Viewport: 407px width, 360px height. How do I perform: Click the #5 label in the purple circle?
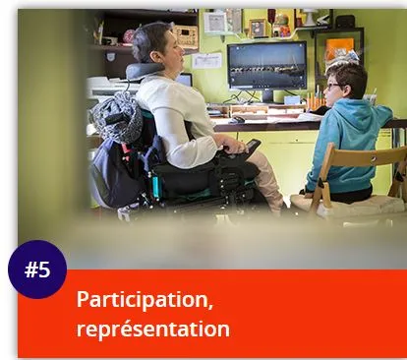pos(37,269)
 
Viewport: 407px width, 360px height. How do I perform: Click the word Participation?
pos(145,299)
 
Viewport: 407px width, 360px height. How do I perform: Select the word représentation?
pos(152,328)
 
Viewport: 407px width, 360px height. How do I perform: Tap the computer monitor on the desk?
pos(265,66)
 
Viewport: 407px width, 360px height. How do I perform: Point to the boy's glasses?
pos(334,86)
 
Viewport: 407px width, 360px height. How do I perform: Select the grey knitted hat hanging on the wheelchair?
pos(117,118)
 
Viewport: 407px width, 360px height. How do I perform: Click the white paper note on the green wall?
pos(207,60)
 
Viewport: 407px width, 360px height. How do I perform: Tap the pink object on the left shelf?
pos(129,37)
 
